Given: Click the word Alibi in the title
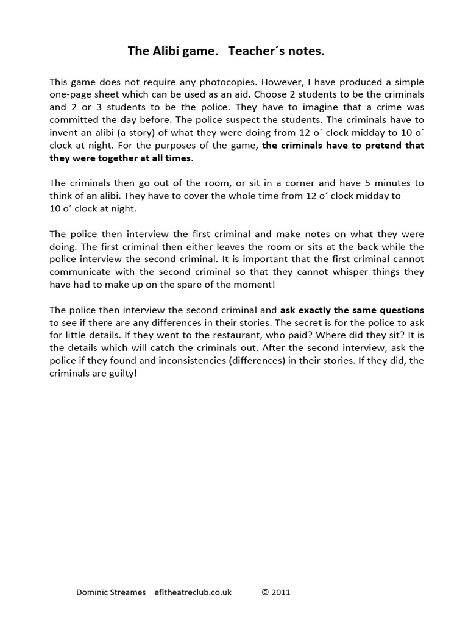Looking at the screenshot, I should (x=177, y=52).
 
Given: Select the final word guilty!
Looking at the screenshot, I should (x=122, y=374).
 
